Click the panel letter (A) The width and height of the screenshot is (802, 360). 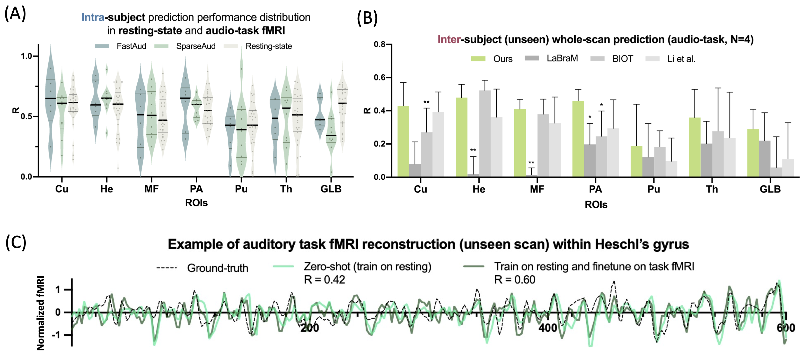[x=15, y=14]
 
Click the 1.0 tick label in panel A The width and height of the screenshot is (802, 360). [x=27, y=56]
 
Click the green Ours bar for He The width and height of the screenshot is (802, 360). [x=461, y=137]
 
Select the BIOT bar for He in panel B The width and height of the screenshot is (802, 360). [x=485, y=134]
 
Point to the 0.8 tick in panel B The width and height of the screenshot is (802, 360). [x=380, y=44]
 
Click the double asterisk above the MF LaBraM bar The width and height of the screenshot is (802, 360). [x=531, y=162]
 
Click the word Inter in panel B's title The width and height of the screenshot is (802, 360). [x=449, y=40]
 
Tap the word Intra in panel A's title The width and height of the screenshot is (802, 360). [x=93, y=17]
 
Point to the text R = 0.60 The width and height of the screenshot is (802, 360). [x=515, y=280]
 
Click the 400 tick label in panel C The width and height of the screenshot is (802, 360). [x=548, y=328]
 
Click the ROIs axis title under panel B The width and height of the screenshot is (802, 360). [x=596, y=205]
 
